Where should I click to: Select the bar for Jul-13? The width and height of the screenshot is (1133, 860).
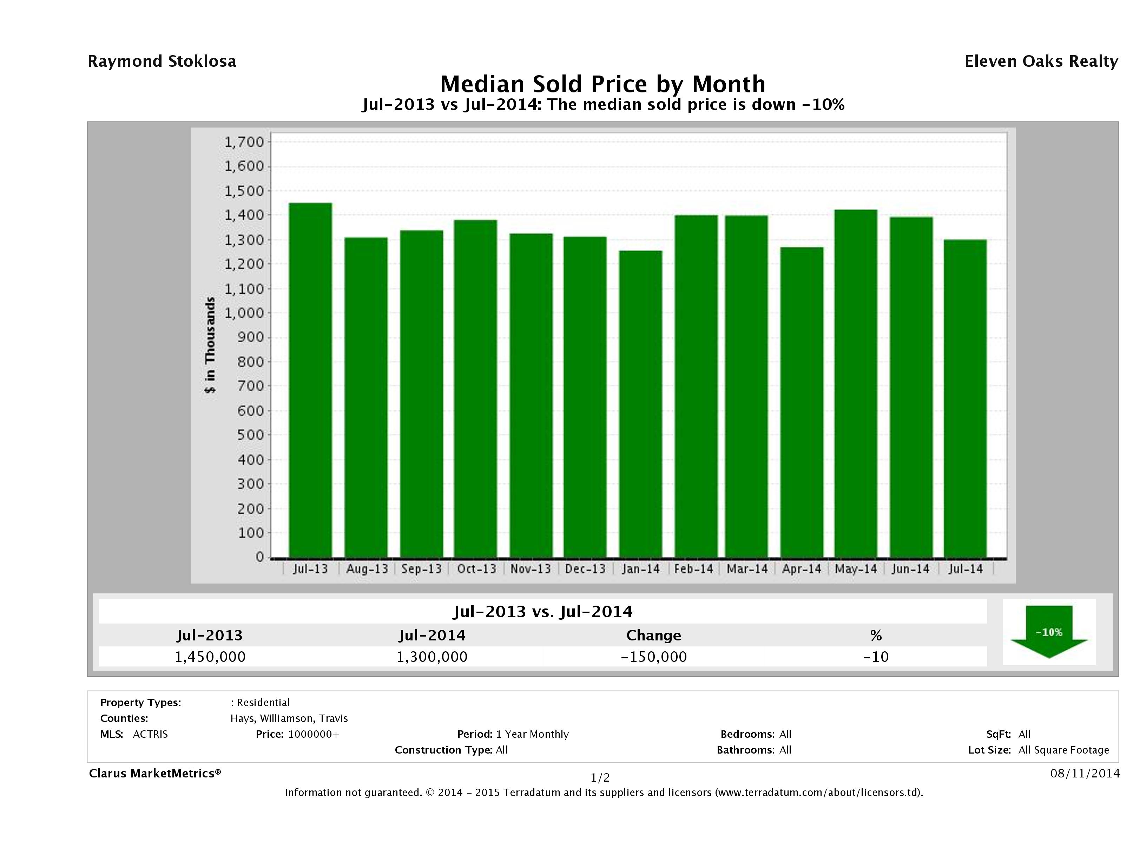point(310,380)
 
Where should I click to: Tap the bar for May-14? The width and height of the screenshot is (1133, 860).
point(856,383)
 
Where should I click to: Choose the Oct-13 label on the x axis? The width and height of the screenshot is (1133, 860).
point(476,569)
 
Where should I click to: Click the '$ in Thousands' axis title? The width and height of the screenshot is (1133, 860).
point(210,345)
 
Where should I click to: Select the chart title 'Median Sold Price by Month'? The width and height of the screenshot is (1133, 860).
point(602,84)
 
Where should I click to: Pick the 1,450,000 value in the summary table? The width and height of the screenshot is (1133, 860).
point(210,657)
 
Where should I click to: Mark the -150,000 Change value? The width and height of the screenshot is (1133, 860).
point(654,657)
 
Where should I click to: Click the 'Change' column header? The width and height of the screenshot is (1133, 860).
point(654,636)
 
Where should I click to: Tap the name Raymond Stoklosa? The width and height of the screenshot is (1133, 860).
point(162,61)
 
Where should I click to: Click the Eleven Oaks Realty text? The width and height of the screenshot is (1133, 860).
point(1041,61)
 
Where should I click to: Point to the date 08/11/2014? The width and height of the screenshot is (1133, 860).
point(1084,773)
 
